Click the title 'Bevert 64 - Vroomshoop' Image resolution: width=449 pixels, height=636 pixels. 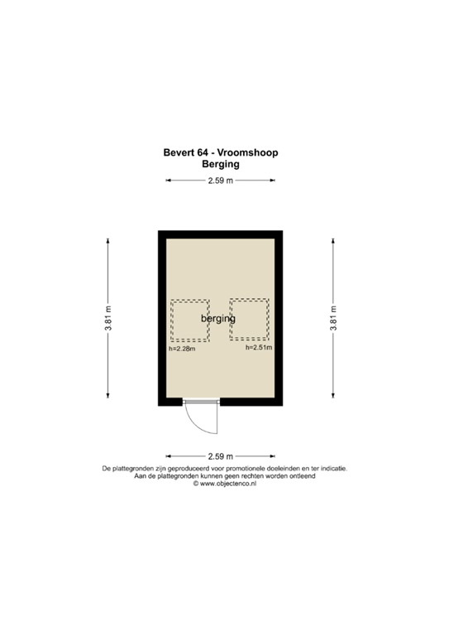pos(220,152)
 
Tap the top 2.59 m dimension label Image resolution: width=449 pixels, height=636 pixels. pos(220,181)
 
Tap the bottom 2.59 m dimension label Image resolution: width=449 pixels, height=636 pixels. pos(220,456)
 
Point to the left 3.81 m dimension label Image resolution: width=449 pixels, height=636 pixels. pos(108,318)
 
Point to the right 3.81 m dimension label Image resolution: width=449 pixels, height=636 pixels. pos(333,318)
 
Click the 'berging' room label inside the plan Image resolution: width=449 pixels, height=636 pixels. pos(218,318)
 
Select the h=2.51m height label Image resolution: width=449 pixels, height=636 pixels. pos(259,348)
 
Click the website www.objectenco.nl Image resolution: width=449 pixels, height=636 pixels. pos(227,484)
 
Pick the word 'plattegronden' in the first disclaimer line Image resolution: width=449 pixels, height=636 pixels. pos(137,468)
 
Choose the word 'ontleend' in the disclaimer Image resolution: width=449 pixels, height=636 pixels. pos(323,476)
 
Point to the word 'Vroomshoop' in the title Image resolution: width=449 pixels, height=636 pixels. pos(249,152)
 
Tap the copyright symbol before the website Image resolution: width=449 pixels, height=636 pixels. pos(196,484)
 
